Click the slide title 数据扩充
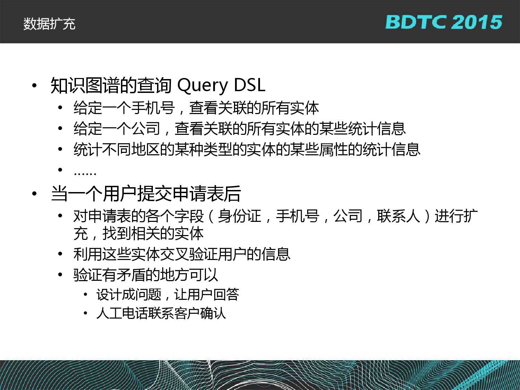(49, 24)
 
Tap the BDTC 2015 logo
(443, 22)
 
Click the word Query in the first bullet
(202, 86)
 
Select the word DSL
(250, 85)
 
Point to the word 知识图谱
(85, 85)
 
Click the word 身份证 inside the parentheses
(240, 216)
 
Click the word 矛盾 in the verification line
(131, 275)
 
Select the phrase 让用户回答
(207, 295)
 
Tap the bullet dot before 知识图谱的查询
(35, 86)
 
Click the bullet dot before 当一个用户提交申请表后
(35, 193)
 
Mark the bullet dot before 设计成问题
(86, 295)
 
